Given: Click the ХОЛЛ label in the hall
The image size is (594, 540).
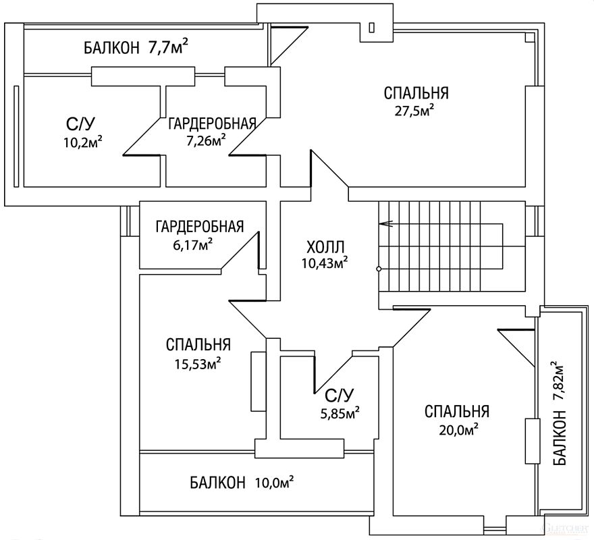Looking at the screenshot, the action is coord(325,247).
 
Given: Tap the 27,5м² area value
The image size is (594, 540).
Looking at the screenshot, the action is coord(414,111).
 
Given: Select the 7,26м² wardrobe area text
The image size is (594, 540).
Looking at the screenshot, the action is coord(206,141).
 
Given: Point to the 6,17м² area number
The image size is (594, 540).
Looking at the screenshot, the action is coord(192,245).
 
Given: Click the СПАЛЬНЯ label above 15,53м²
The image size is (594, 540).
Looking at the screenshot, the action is coord(198,345).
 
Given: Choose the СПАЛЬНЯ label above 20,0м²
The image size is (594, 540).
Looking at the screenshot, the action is coord(457,412).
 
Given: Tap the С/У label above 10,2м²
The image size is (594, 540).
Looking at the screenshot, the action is coord(80,124).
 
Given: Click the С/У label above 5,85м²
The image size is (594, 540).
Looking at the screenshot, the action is coord(339,396).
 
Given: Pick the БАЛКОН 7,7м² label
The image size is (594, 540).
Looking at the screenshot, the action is coord(136,47).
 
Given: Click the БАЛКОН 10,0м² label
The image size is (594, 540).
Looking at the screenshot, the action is coord(242,483).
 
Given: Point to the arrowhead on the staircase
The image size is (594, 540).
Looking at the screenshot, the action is coord(385,224).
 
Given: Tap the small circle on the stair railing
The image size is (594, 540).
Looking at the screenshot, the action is coord(379,269).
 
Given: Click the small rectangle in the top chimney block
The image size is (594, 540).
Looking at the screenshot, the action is coord(372,27).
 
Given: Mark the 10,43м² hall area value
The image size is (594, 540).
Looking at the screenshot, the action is coord(325,262).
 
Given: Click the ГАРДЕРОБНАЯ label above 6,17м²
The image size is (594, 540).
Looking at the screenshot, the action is coord(200,227).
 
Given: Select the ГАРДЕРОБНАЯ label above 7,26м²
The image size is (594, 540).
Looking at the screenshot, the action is coord(212,124).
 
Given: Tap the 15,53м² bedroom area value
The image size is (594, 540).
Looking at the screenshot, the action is coord(198,364).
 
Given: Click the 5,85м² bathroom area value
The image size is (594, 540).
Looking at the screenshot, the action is coord(340,413).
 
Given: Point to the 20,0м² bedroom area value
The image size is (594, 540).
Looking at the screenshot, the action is coord(458,430).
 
